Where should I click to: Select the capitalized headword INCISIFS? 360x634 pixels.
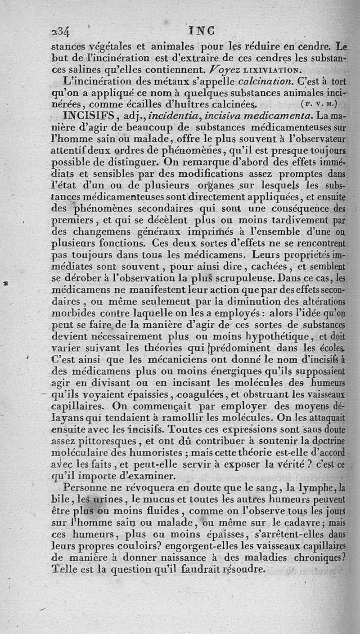pos(92,116)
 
